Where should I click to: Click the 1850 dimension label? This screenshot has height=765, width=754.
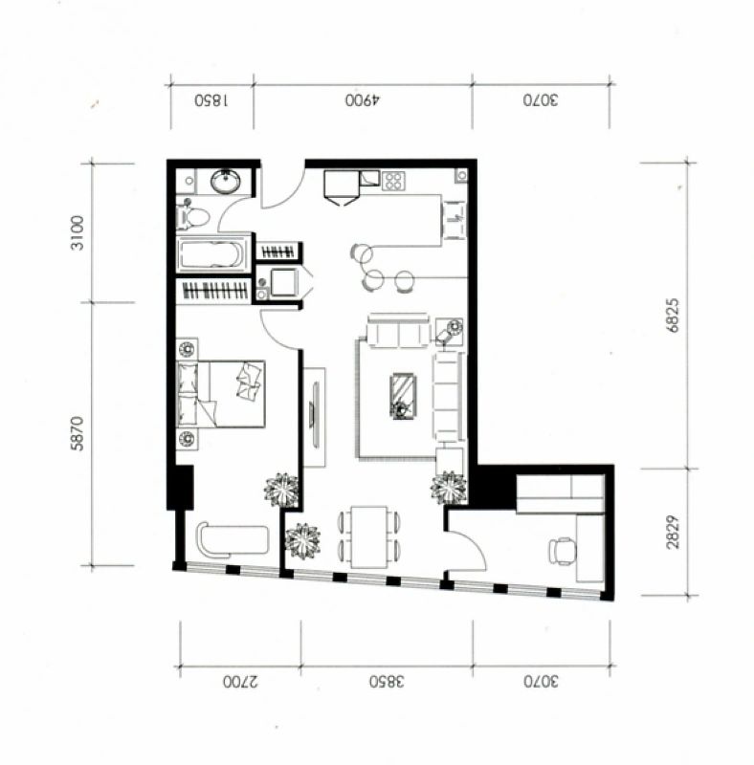[211, 100]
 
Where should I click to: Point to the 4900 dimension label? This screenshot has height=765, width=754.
[363, 100]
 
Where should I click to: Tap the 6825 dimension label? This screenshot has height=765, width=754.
[673, 316]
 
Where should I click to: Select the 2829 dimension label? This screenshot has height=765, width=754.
[673, 532]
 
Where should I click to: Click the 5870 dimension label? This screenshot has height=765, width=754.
[78, 433]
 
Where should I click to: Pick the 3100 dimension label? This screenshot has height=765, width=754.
[78, 232]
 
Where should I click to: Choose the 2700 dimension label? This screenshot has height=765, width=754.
[240, 682]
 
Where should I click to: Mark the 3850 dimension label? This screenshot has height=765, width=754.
[387, 682]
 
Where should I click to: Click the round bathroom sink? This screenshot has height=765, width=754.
[226, 182]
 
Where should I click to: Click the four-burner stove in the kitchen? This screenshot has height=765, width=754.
[393, 181]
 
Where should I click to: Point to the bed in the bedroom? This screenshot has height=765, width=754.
[221, 394]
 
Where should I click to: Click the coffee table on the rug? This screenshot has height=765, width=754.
[404, 396]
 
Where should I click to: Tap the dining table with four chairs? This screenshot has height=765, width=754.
[369, 536]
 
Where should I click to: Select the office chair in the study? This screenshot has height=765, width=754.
[562, 552]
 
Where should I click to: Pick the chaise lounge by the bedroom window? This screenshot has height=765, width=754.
[233, 539]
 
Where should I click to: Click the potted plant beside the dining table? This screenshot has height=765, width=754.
[302, 540]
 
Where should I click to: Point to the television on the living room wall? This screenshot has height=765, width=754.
[315, 415]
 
